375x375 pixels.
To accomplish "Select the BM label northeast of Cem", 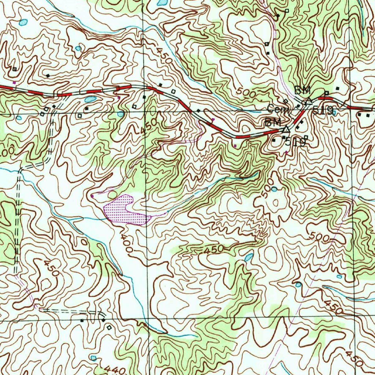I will click(302, 89).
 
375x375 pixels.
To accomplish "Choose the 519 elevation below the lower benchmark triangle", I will click(295, 142).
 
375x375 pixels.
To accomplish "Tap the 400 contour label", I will click(127, 244).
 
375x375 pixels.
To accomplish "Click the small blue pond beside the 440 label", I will click(93, 357).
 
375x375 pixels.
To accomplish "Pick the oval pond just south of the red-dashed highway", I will click(90, 99).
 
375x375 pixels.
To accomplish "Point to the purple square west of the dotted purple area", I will click(92, 196).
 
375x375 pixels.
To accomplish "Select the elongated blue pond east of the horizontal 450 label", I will click(249, 257).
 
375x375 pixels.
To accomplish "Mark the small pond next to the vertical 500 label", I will click(274, 189).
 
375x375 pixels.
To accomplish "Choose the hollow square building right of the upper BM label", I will click(326, 93).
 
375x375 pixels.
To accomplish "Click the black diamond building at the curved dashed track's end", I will click(104, 320).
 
